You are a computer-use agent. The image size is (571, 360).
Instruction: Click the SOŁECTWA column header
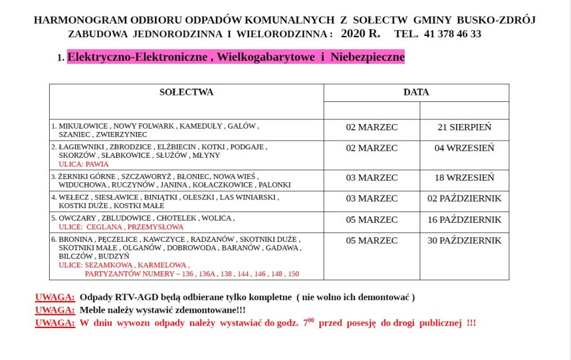[x=186, y=92]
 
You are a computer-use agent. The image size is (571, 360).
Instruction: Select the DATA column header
[x=416, y=92]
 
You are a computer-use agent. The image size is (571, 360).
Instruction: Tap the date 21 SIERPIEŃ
[x=464, y=127]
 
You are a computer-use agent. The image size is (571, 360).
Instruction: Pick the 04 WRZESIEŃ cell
[x=464, y=148]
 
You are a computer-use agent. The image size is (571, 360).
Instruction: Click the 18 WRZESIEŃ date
[x=464, y=178]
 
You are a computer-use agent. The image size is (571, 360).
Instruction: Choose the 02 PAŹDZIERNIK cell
[x=464, y=198]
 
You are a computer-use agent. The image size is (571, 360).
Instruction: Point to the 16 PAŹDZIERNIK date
[x=464, y=219]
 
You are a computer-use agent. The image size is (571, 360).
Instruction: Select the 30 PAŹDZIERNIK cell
[x=464, y=241]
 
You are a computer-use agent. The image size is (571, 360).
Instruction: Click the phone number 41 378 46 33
[x=453, y=34]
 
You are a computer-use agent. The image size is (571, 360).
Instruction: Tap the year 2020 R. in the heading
[x=360, y=33]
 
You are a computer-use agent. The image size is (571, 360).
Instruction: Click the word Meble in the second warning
[x=93, y=310]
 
